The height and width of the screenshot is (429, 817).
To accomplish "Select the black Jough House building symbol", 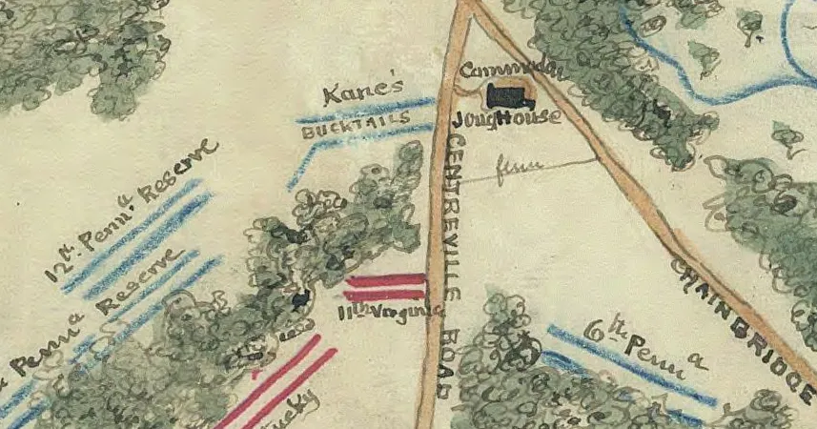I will (508, 95).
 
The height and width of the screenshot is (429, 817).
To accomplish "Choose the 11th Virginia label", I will (391, 311).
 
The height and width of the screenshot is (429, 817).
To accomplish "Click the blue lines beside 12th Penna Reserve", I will (143, 238).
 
